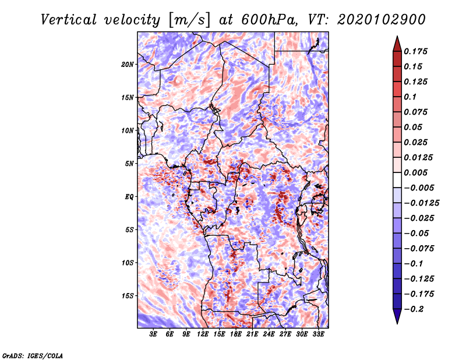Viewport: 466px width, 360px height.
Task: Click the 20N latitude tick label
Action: [128, 64]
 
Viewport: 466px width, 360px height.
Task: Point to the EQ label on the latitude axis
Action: [130, 196]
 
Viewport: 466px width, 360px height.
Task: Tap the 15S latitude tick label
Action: [128, 295]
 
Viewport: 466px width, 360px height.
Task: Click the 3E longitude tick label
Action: [153, 334]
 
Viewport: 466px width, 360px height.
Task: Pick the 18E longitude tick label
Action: [236, 334]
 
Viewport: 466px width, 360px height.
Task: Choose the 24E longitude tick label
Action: [269, 334]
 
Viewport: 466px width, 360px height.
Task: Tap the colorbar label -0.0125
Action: [422, 203]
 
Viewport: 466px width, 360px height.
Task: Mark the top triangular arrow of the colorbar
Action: [397, 43]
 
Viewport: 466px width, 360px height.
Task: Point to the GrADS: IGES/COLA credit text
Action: [33, 355]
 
